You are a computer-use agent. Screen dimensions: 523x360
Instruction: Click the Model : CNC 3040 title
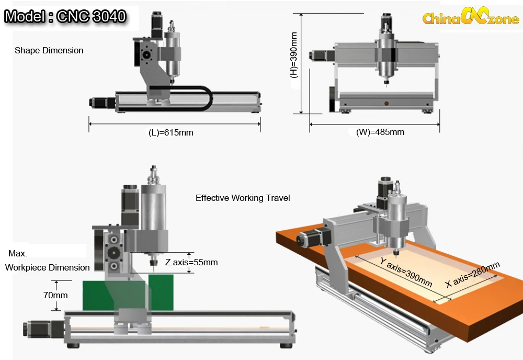tap(65, 16)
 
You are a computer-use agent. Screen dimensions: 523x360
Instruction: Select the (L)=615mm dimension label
tap(171, 132)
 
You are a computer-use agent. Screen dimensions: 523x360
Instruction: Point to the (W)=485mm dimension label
tap(380, 132)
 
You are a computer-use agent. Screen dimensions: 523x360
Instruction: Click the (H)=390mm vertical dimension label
tap(294, 55)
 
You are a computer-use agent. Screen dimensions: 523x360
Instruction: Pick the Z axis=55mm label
tap(191, 262)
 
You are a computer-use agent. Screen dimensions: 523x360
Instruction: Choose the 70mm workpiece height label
tap(55, 295)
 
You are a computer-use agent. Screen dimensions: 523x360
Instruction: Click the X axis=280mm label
tap(473, 275)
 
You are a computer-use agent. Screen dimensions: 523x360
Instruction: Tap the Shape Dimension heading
tap(49, 50)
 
